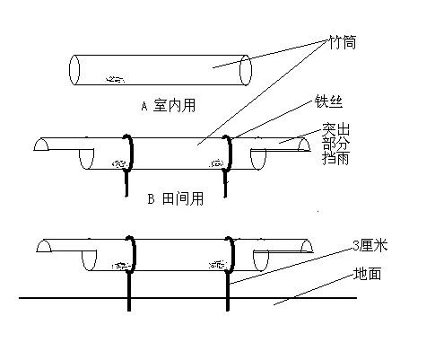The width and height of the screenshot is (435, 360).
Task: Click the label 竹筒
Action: pyautogui.click(x=343, y=42)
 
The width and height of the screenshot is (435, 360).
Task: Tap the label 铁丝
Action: pyautogui.click(x=328, y=102)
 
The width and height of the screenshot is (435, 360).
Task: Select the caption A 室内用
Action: pyautogui.click(x=169, y=105)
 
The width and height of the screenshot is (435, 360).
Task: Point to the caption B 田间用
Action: pyautogui.click(x=176, y=198)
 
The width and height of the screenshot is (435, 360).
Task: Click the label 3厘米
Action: pyautogui.click(x=370, y=246)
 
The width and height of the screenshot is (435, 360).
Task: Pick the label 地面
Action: pyautogui.click(x=367, y=274)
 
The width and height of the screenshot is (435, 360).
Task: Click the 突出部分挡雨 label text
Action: pyautogui.click(x=336, y=144)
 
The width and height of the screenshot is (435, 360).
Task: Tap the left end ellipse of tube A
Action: pyautogui.click(x=74, y=70)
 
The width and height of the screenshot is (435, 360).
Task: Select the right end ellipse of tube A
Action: pyautogui.click(x=246, y=70)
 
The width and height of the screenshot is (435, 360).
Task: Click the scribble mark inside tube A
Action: pyautogui.click(x=116, y=79)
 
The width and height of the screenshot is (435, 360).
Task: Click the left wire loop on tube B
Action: pyautogui.click(x=130, y=153)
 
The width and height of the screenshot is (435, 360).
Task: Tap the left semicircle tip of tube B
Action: pyautogui.click(x=41, y=144)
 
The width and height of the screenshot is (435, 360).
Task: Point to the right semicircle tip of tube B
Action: pyautogui.click(x=304, y=145)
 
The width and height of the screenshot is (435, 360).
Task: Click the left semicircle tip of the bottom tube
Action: pyautogui.click(x=44, y=246)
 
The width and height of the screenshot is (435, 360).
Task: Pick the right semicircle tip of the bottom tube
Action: pyautogui.click(x=307, y=246)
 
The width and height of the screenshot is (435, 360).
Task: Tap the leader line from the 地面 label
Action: pyautogui.click(x=314, y=290)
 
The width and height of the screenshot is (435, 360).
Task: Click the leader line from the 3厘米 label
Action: pyautogui.click(x=291, y=266)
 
